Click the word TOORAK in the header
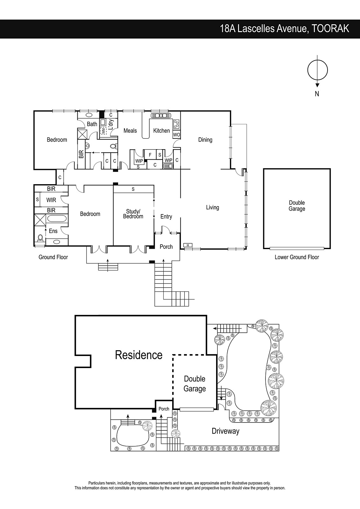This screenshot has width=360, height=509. pos(330,29)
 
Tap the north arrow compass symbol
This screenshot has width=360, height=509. pos(317,70)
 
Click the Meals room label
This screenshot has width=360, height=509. pos(130,131)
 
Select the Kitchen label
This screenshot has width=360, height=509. pos(161,131)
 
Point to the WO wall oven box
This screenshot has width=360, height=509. pos(176,135)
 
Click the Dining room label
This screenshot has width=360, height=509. pos(205,140)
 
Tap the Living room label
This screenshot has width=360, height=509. pos(212,207)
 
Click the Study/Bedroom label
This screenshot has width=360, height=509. pos(133,214)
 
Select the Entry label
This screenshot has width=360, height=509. pos(166,217)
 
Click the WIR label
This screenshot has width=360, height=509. pos(51,200)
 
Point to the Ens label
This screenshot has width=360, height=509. pos(53,231)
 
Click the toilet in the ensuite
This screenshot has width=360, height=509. pos(40,238)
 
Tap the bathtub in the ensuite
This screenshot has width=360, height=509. pos(57,219)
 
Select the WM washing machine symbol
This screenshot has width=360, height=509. pos(103,131)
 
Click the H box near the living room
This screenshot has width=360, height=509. pos(188,245)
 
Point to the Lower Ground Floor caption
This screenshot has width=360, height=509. pos(297,257)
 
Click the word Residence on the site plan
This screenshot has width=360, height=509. pos(139,355)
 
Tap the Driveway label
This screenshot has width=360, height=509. pos(226,431)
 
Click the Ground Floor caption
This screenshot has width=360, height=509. pos(53,257)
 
